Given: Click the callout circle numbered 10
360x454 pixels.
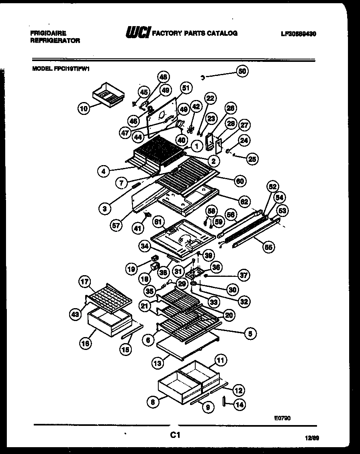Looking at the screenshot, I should (x=84, y=108).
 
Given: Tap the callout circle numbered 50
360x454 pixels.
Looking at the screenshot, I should (x=242, y=71).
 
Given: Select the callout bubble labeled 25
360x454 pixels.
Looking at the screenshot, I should (x=252, y=159).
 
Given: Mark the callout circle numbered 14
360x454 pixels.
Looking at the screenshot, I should (x=239, y=405).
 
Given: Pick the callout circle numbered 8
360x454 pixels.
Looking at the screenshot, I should (x=152, y=401).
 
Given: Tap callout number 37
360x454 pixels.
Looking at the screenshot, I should (x=243, y=276).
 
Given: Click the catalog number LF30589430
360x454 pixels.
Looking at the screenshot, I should (x=299, y=34).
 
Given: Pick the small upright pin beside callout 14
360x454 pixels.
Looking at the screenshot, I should (x=223, y=402).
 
